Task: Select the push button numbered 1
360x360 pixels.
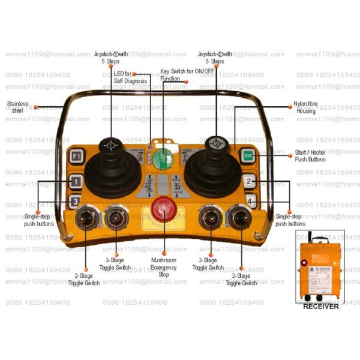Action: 75,182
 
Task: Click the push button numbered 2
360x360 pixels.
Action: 250,181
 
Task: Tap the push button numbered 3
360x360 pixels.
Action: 75,201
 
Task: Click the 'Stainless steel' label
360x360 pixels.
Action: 18,107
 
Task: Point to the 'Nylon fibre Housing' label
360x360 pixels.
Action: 305,107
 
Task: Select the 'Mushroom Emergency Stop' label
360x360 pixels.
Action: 163,268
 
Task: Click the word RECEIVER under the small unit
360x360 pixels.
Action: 320,307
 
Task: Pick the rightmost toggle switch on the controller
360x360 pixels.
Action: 241,218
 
